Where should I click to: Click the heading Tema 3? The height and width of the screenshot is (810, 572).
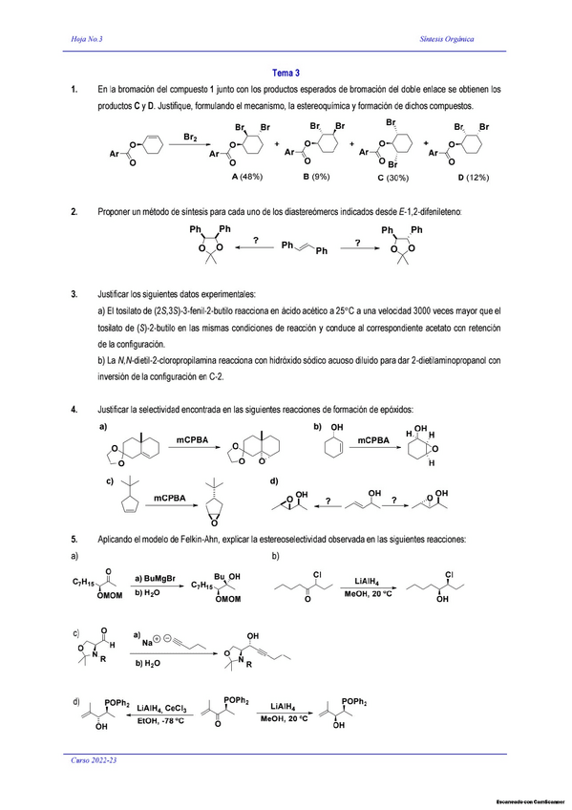286,73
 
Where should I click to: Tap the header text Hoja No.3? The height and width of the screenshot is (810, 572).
88,39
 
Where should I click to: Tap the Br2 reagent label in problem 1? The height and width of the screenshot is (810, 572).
190,139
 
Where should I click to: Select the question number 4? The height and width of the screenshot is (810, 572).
74,410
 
